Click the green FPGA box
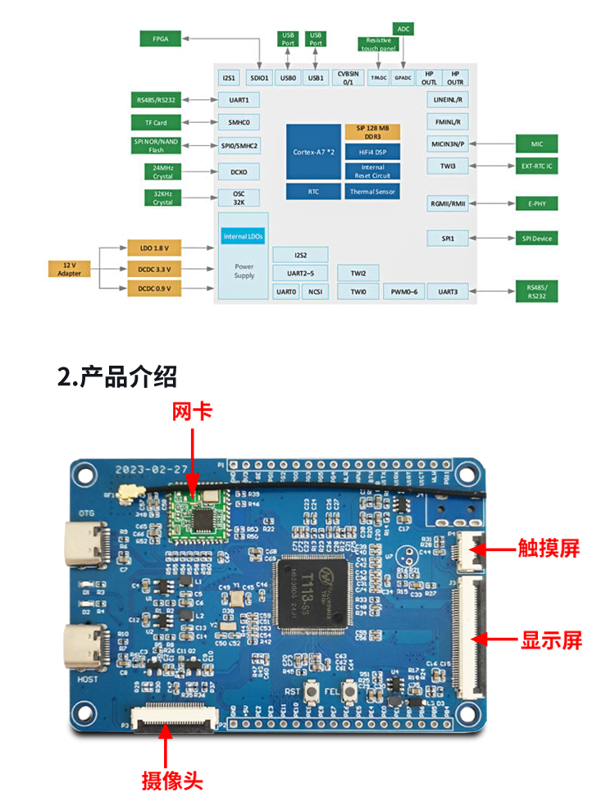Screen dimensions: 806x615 point(160,39)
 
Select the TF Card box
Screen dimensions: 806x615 point(157,122)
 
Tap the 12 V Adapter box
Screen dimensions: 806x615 point(69,269)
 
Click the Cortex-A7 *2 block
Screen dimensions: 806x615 point(312,153)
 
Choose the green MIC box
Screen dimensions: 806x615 point(536,143)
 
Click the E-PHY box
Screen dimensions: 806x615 point(536,203)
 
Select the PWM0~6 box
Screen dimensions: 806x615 point(404,291)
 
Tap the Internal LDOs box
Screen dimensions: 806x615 point(244,236)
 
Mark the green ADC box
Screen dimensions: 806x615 point(403,29)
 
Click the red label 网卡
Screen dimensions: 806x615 point(192,411)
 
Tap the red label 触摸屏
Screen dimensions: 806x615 point(549,548)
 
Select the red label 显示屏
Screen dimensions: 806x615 point(551,640)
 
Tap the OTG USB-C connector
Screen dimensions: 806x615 point(89,544)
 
